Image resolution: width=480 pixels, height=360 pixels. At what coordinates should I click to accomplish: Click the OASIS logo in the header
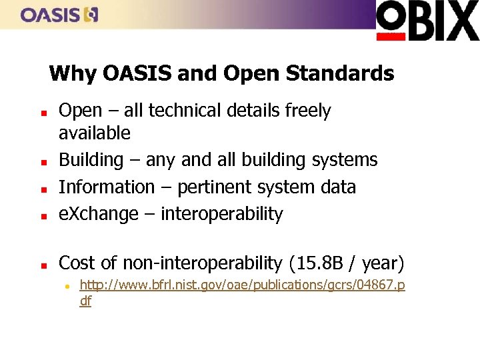tap(59, 15)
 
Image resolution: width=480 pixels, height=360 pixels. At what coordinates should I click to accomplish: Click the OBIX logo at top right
tap(427, 21)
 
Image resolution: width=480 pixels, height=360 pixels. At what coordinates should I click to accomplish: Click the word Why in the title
tap(73, 73)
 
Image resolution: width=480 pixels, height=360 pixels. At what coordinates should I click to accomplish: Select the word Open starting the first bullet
tap(80, 111)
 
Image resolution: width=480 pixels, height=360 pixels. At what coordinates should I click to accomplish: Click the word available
tap(95, 133)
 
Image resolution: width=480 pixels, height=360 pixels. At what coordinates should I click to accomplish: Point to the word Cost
tap(77, 263)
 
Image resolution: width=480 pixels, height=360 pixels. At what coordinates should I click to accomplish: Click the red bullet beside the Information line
tap(41, 189)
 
